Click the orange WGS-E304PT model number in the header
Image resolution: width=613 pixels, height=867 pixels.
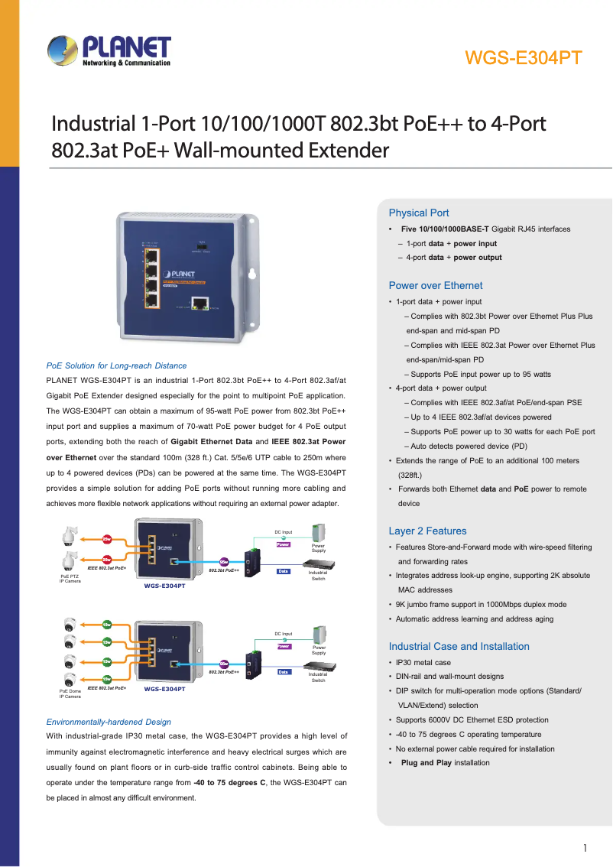pyautogui.click(x=524, y=58)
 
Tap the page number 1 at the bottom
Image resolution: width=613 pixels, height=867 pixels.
pyautogui.click(x=585, y=847)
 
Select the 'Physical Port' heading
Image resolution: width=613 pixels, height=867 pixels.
pyautogui.click(x=419, y=213)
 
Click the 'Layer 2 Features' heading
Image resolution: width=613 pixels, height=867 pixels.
pyautogui.click(x=427, y=531)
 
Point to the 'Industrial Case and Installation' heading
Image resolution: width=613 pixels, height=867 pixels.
pyautogui.click(x=459, y=646)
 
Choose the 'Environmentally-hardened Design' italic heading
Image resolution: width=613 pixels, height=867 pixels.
pyautogui.click(x=109, y=722)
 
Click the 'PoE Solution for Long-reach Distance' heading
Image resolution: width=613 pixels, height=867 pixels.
pyautogui.click(x=116, y=365)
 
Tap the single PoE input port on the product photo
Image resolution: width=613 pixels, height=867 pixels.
pyautogui.click(x=200, y=304)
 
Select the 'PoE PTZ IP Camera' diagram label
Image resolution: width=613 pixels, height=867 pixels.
pyautogui.click(x=70, y=578)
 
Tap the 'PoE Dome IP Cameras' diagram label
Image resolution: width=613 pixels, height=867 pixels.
pyautogui.click(x=70, y=693)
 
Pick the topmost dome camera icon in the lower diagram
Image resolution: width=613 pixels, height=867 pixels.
pyautogui.click(x=70, y=622)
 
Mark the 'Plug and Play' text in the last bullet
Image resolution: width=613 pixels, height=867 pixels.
pyautogui.click(x=426, y=763)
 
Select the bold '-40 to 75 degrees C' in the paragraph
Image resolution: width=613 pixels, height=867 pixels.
pyautogui.click(x=229, y=783)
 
